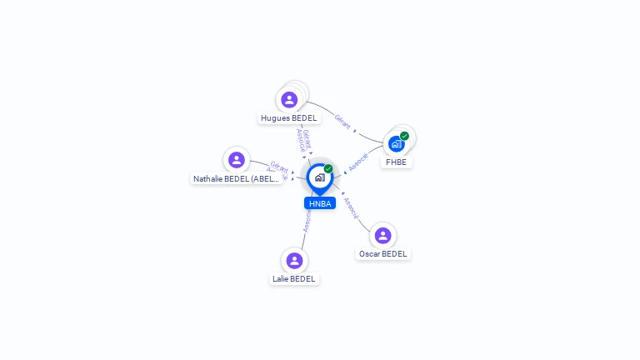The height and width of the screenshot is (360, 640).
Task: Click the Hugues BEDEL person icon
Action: pyautogui.click(x=289, y=100)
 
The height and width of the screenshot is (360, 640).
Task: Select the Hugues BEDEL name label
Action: pyautogui.click(x=288, y=118)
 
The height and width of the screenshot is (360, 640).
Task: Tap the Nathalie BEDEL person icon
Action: pyautogui.click(x=237, y=160)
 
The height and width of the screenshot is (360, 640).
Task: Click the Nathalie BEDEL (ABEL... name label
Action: pyautogui.click(x=237, y=179)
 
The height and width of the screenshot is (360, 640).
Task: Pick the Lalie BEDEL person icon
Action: pyautogui.click(x=294, y=261)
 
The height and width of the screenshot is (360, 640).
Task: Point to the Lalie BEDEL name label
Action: pyautogui.click(x=294, y=279)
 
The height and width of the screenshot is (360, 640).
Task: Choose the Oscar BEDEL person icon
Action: pyautogui.click(x=382, y=236)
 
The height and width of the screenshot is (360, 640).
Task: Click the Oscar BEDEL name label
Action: pyautogui.click(x=383, y=254)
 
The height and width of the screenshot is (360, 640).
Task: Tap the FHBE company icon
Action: pyautogui.click(x=397, y=143)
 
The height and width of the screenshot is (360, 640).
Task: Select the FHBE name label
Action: pyautogui.click(x=397, y=162)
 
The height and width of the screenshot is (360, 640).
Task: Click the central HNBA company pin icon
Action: pyautogui.click(x=319, y=177)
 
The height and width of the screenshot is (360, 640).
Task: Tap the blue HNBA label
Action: pyautogui.click(x=320, y=203)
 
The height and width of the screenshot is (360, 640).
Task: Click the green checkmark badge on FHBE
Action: pyautogui.click(x=404, y=136)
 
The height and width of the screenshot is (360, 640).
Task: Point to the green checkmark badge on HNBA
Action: pyautogui.click(x=328, y=169)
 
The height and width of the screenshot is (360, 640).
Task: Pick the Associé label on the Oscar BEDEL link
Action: pyautogui.click(x=351, y=208)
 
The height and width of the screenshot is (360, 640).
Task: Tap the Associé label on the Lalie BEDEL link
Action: pyautogui.click(x=307, y=220)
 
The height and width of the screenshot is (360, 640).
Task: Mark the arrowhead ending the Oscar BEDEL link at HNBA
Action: pyautogui.click(x=343, y=194)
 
